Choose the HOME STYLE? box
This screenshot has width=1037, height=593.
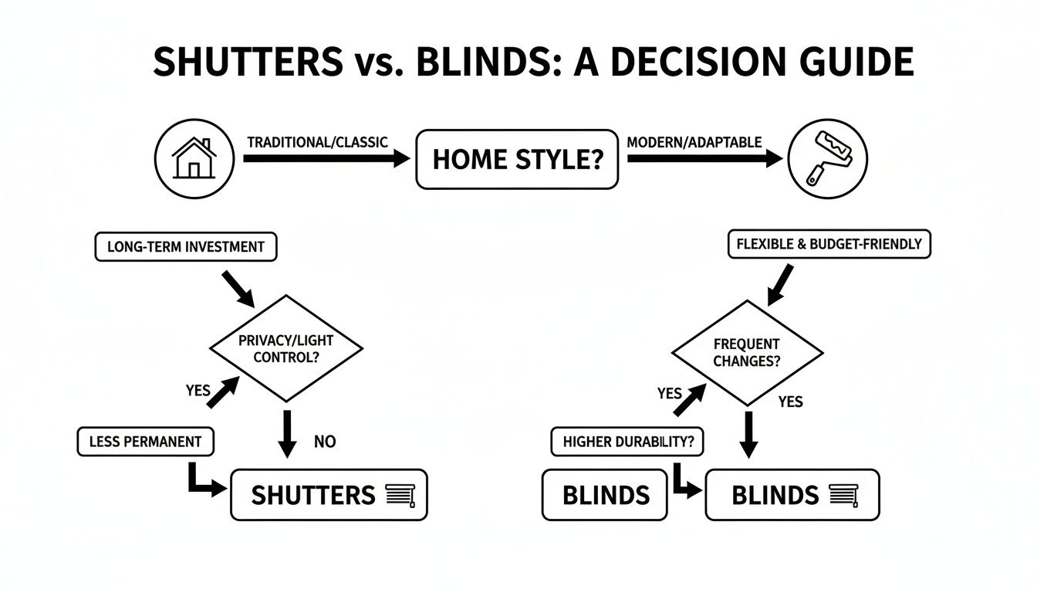[x=516, y=160]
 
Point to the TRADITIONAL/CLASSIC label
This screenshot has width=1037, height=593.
[x=317, y=143]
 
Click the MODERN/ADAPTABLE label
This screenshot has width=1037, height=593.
[x=694, y=143]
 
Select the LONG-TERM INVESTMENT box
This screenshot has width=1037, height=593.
[x=186, y=247]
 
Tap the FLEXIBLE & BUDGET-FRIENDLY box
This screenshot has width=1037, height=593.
[x=829, y=244]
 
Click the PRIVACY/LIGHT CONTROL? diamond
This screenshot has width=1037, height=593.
[x=286, y=349]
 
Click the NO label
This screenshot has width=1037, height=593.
[x=325, y=442]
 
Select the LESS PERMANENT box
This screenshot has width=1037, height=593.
[x=146, y=442]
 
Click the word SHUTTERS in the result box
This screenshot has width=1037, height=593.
[x=313, y=495]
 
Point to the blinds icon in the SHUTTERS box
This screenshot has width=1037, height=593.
[x=400, y=495]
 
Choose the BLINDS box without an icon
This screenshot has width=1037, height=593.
[x=605, y=495]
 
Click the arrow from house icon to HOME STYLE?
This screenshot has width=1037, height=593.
[x=326, y=159]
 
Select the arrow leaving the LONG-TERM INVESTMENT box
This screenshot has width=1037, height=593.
[x=236, y=286]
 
